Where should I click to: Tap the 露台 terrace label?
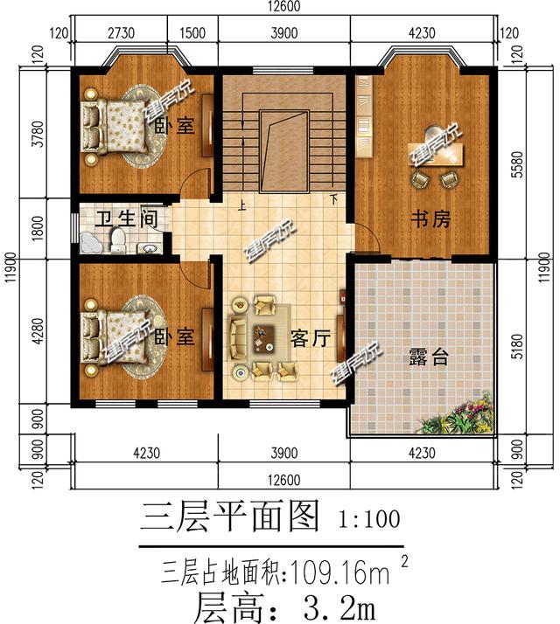[x=429, y=357]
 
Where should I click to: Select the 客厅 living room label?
[x=310, y=338]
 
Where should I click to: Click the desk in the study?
[x=437, y=155]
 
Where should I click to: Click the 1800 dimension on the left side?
[x=36, y=230]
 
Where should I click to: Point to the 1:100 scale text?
[x=368, y=519]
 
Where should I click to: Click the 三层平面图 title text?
[x=230, y=517]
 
